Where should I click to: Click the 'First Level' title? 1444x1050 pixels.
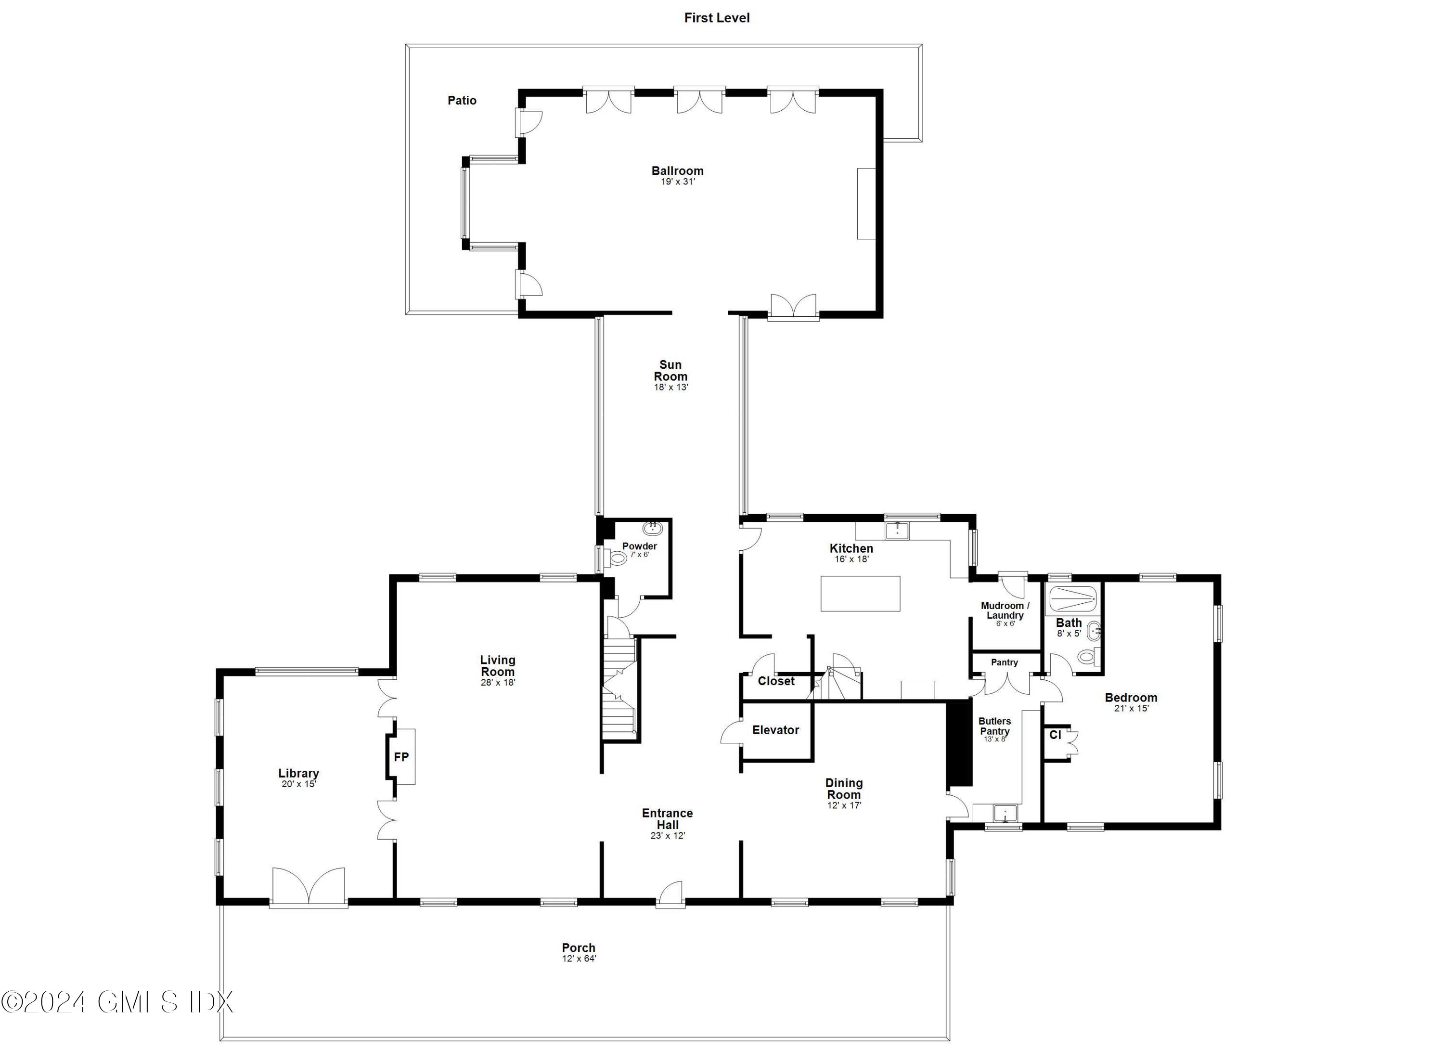click(x=716, y=18)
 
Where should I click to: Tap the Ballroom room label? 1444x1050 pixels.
click(x=677, y=170)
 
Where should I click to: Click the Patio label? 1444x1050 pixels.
click(x=462, y=100)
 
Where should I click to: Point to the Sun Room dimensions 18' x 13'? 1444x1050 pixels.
click(x=670, y=387)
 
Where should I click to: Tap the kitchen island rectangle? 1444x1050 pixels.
click(x=860, y=594)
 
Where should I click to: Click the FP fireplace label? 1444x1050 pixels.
click(x=401, y=757)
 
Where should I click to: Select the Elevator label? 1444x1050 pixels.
click(x=775, y=730)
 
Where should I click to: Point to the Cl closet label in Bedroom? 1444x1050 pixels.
click(x=1055, y=735)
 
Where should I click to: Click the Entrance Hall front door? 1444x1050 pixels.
click(x=670, y=894)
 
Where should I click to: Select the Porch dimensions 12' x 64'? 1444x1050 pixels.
click(x=578, y=959)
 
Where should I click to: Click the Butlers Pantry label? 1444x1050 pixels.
click(x=994, y=726)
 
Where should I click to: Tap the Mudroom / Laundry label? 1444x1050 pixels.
click(x=1005, y=610)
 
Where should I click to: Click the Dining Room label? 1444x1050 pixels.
click(x=844, y=788)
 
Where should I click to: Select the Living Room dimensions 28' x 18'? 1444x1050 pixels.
click(x=497, y=683)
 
